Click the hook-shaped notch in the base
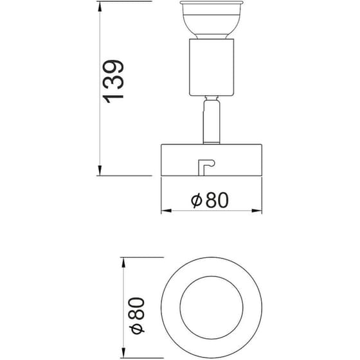point(205,166)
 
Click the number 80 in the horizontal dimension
point(217,201)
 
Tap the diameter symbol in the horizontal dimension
point(197,201)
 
